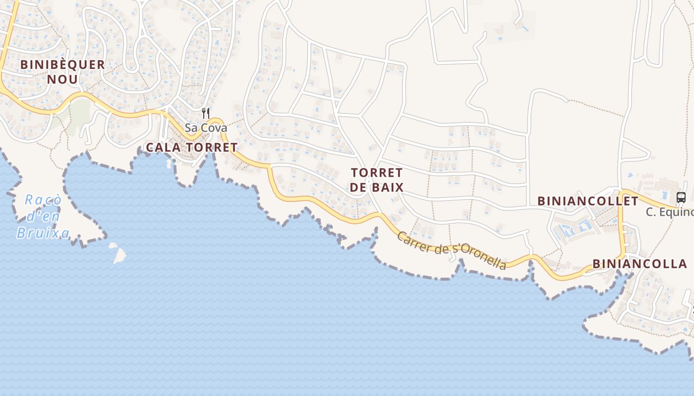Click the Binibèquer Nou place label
click(x=62, y=71)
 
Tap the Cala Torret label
click(x=192, y=148)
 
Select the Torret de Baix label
click(x=377, y=180)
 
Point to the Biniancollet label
click(x=588, y=201)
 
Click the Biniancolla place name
click(x=640, y=264)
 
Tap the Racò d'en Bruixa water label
click(x=43, y=216)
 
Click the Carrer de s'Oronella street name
click(x=452, y=250)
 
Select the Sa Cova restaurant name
click(x=206, y=128)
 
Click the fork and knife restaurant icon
click(x=206, y=113)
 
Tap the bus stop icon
click(x=681, y=197)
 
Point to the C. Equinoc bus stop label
click(x=669, y=212)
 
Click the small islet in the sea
click(x=118, y=253)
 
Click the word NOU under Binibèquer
click(x=62, y=79)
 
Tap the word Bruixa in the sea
click(x=43, y=233)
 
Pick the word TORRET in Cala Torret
click(x=212, y=148)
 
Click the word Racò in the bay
click(x=44, y=200)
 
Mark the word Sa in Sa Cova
click(x=191, y=128)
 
